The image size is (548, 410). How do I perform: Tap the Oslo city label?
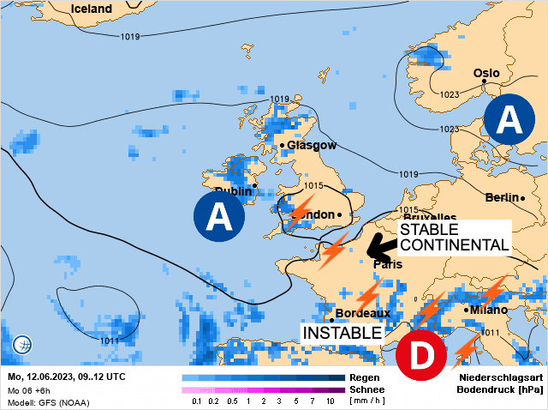click(x=486, y=73)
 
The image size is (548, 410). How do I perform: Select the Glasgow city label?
click(x=312, y=145)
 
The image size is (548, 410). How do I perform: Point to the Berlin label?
click(x=502, y=197)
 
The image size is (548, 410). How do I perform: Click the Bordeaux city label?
click(x=363, y=314)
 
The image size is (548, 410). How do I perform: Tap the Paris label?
click(x=388, y=264)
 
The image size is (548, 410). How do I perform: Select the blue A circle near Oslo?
click(x=510, y=119)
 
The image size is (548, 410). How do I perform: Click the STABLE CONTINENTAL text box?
click(x=453, y=237)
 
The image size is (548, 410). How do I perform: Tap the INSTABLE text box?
click(x=340, y=332)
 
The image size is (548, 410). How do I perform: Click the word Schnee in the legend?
click(x=365, y=389)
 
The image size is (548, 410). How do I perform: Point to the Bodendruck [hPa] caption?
click(x=502, y=389)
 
